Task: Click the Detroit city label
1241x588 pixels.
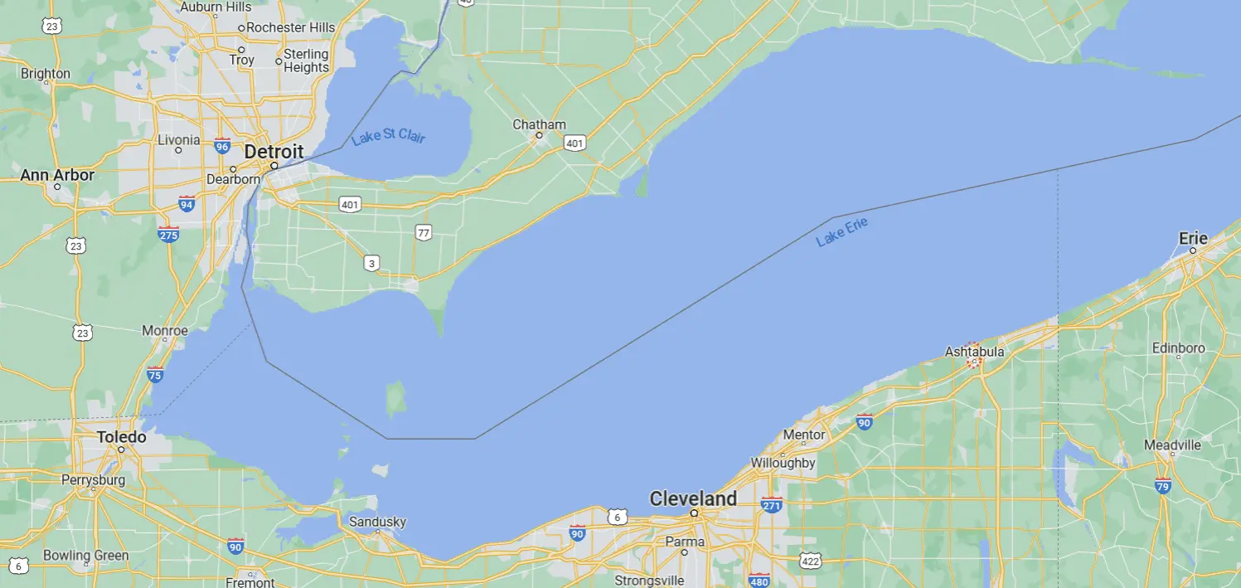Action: pyautogui.click(x=274, y=153)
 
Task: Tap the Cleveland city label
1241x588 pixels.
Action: pyautogui.click(x=693, y=498)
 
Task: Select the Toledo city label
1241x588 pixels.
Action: pyautogui.click(x=121, y=437)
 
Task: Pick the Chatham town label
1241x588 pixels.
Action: pyautogui.click(x=539, y=124)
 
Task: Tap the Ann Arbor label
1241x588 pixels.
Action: pyautogui.click(x=57, y=175)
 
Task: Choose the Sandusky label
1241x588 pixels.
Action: pyautogui.click(x=377, y=522)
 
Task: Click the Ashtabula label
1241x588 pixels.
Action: pyautogui.click(x=974, y=352)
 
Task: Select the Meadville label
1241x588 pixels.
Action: pyautogui.click(x=1172, y=445)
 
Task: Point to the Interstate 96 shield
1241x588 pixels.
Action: pyautogui.click(x=222, y=146)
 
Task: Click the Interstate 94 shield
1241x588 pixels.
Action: pyautogui.click(x=187, y=203)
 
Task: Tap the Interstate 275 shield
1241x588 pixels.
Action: pyautogui.click(x=168, y=234)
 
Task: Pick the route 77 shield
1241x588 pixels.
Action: pyautogui.click(x=424, y=233)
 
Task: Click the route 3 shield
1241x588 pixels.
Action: pyautogui.click(x=371, y=264)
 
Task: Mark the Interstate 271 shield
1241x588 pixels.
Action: pyautogui.click(x=772, y=504)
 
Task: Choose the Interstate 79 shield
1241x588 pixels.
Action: pyautogui.click(x=1163, y=485)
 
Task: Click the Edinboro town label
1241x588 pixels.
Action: pyautogui.click(x=1178, y=348)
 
